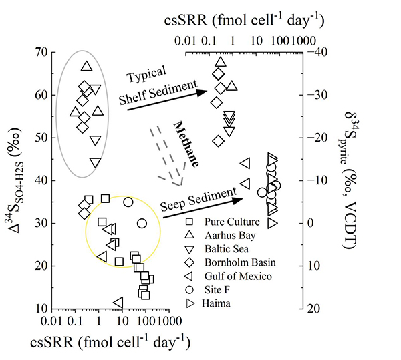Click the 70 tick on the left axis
pyautogui.click(x=39, y=52)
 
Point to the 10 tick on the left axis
pyautogui.click(x=39, y=309)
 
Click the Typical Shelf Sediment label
pyautogui.click(x=158, y=87)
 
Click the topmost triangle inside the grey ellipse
pyautogui.click(x=86, y=66)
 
